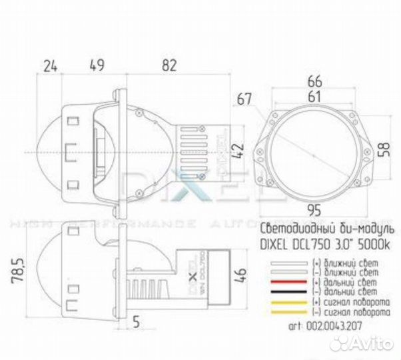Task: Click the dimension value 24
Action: tap(50, 65)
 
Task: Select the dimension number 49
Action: tap(97, 65)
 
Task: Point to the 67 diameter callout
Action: tap(244, 99)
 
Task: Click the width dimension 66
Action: tap(315, 80)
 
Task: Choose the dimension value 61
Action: tap(315, 97)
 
